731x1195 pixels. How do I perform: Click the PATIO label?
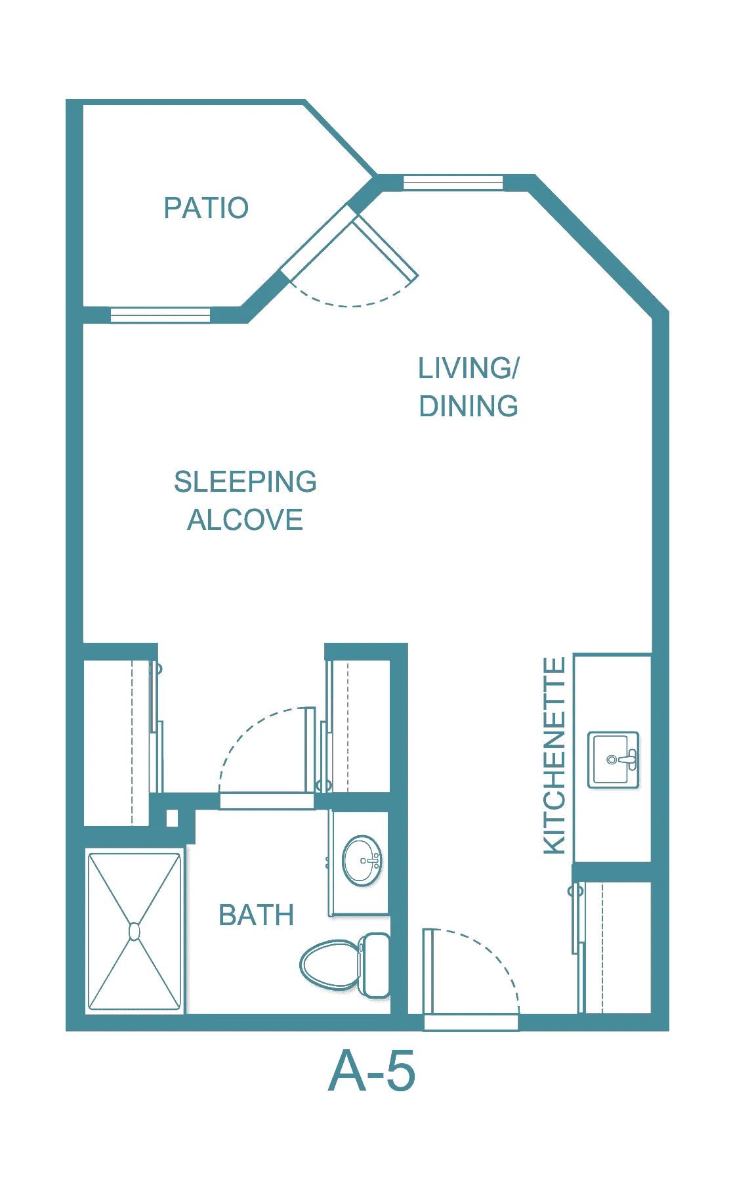[x=206, y=208]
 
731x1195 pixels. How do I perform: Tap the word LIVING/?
[x=469, y=368]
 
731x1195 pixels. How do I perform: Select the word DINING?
[x=469, y=406]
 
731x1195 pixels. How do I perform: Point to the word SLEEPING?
[x=245, y=481]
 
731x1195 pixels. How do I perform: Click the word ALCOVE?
[x=245, y=520]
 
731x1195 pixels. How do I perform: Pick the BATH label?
[x=256, y=915]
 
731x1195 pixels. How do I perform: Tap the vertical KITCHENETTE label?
[x=554, y=756]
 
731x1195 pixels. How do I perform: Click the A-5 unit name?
[x=371, y=1071]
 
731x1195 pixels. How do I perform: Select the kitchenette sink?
[x=613, y=760]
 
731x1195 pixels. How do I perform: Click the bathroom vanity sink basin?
[x=362, y=861]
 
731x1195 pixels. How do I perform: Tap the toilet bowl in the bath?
[x=330, y=965]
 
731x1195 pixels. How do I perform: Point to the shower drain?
[x=135, y=931]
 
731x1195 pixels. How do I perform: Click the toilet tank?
[x=375, y=965]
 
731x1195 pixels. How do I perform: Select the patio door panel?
[x=385, y=248]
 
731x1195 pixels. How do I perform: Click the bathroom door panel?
[x=310, y=750]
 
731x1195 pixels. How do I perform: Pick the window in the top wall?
[x=453, y=183]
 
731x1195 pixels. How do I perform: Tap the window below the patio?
[x=161, y=315]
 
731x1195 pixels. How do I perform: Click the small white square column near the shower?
[x=172, y=818]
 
